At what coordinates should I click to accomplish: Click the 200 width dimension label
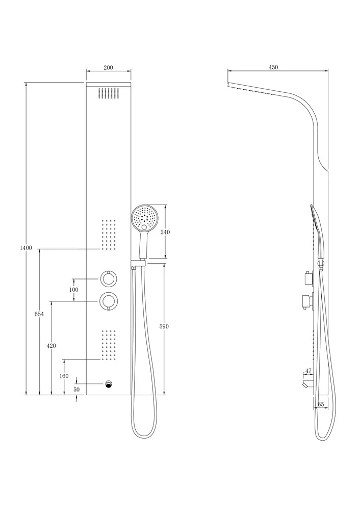108,68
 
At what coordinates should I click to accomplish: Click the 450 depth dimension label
273,67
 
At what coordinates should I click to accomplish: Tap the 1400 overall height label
26,248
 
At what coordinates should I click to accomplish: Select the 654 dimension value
39,314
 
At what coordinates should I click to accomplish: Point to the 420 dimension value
52,346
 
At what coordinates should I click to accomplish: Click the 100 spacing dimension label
74,290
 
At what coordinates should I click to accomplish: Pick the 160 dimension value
64,376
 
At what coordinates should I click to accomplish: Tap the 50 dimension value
77,389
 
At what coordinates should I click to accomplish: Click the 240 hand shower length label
165,232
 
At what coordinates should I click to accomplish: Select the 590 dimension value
164,326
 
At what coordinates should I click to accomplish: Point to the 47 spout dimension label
308,371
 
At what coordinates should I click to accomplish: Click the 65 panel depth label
321,404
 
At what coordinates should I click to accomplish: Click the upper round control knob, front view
109,279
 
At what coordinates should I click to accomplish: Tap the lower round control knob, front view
109,301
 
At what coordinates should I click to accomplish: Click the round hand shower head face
144,218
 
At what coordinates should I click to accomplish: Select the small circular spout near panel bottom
109,384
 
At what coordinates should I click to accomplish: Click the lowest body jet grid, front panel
109,345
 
